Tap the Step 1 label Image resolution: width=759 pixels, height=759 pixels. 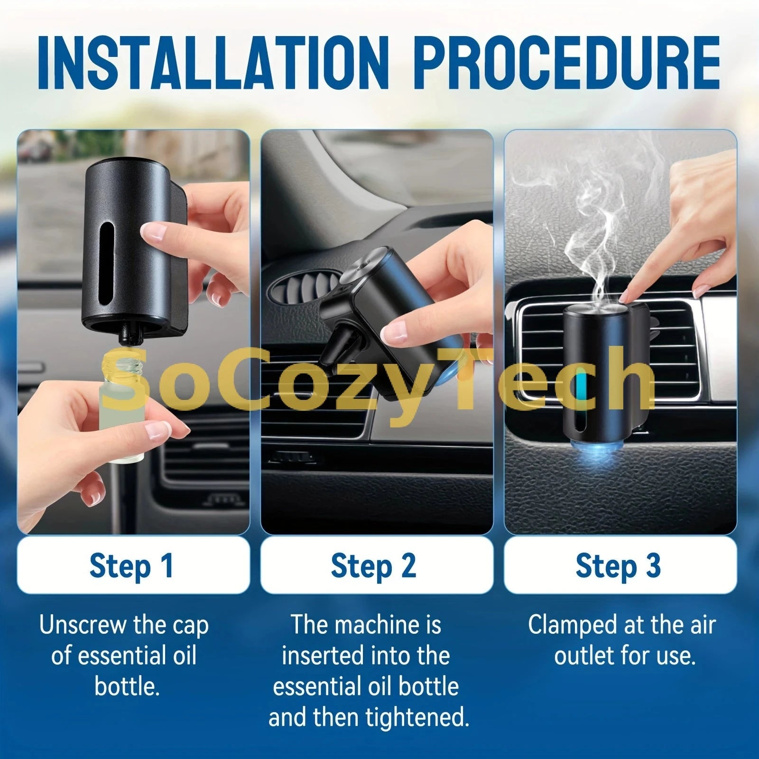(132, 565)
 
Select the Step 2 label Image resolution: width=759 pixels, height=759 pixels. (373, 565)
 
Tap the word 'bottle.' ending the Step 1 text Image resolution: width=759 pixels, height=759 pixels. (127, 686)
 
